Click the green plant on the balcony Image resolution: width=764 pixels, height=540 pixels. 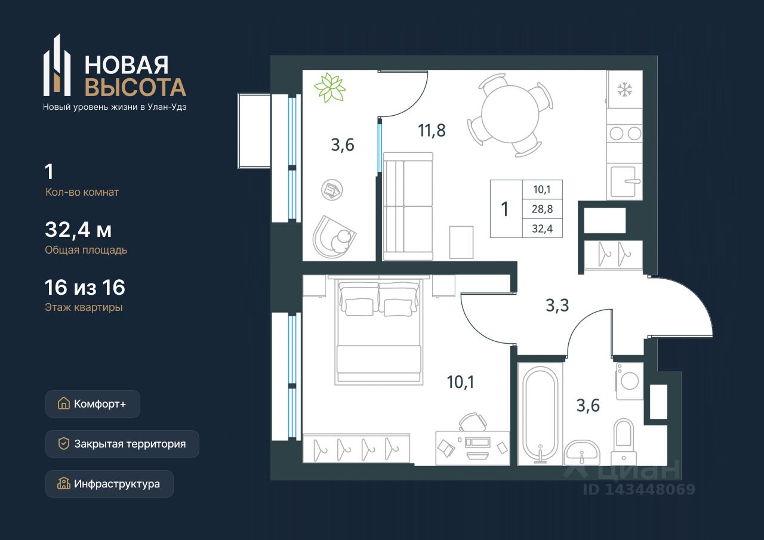(330, 88)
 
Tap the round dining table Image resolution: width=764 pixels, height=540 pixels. (510, 114)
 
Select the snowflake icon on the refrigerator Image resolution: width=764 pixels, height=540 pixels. (624, 90)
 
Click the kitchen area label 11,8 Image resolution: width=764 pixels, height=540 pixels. (432, 131)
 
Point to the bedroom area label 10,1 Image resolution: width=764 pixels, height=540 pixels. (460, 382)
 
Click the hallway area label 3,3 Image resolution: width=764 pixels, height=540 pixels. (557, 305)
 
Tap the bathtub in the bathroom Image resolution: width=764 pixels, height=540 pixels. (540, 415)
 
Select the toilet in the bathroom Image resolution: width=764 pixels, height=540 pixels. (624, 442)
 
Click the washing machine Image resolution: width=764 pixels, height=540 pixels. (629, 381)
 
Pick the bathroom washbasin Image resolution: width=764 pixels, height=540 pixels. (582, 452)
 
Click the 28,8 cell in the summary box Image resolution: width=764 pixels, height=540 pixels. (543, 209)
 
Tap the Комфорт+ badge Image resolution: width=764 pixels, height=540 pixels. (93, 404)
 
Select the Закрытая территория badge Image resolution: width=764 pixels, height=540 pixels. (122, 444)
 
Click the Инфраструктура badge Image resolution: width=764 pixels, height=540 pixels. (109, 484)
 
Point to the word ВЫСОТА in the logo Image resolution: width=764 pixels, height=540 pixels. (135, 87)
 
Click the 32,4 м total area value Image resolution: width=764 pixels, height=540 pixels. (78, 230)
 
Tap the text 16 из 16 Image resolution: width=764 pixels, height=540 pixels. (85, 288)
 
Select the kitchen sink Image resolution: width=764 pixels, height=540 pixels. (624, 182)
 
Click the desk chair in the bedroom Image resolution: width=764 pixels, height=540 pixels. (473, 422)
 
